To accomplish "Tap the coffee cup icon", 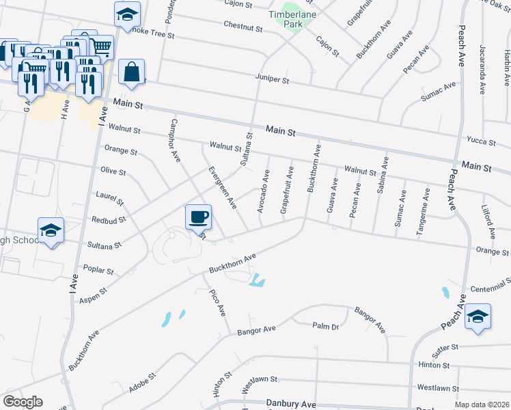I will (x=198, y=217).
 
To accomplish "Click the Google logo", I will (x=23, y=402).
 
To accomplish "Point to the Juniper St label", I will (x=273, y=80).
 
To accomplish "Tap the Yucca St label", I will (x=480, y=140).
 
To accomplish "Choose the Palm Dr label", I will (x=326, y=327).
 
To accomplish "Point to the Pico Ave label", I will (x=217, y=303).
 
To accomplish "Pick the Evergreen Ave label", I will (x=222, y=187).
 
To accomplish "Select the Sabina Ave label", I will (x=381, y=175).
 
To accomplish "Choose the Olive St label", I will (x=113, y=171).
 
